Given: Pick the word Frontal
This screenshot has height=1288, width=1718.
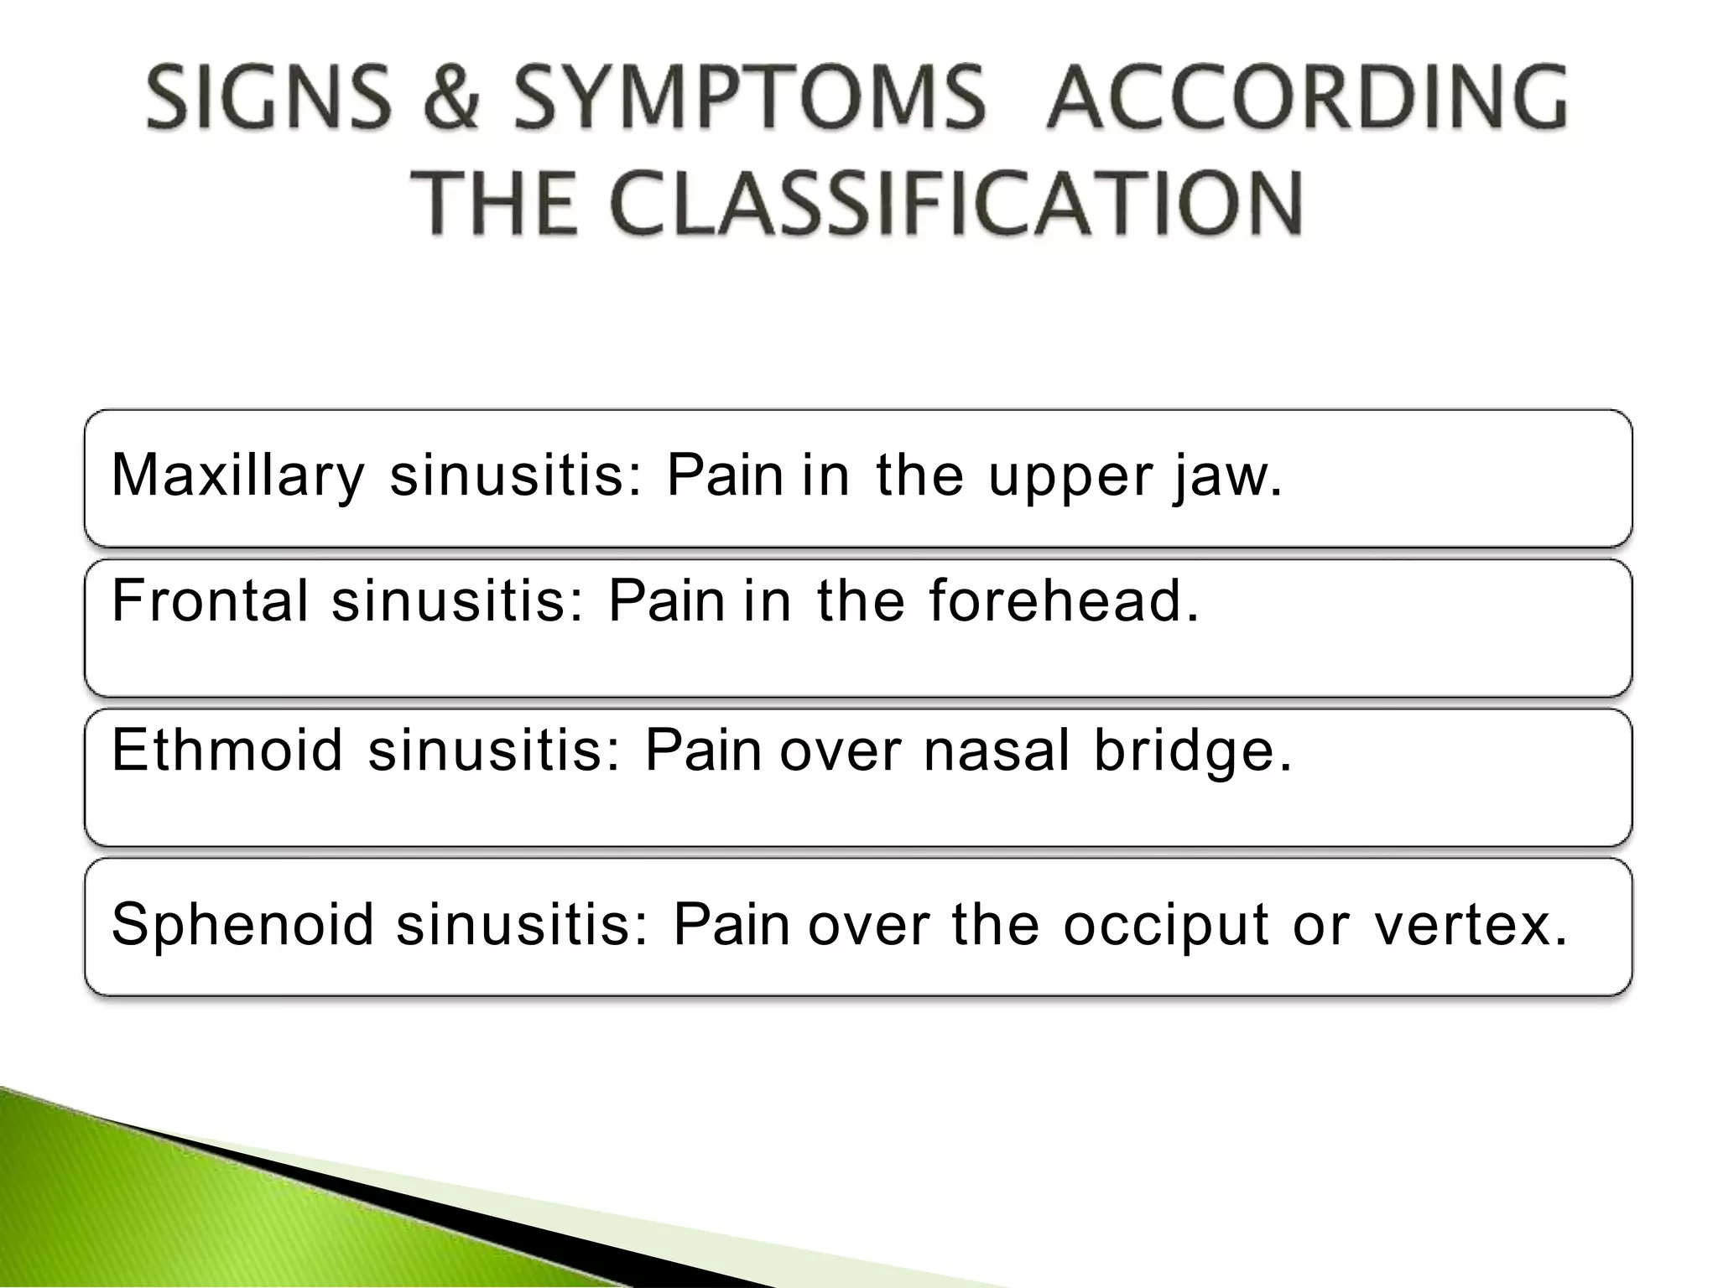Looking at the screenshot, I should (210, 601).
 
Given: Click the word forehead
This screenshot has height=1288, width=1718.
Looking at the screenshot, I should (1064, 601).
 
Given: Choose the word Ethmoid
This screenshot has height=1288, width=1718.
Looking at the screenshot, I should (227, 750).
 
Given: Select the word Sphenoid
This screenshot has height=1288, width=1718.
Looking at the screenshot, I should (242, 925).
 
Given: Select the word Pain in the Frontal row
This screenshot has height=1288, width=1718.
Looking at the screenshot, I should (666, 601).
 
